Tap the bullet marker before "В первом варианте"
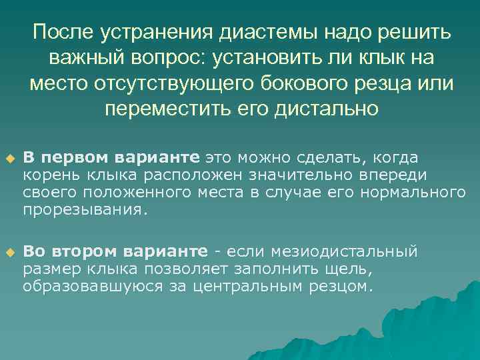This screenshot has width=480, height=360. (x=9, y=159)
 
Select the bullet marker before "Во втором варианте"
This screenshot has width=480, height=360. (x=9, y=253)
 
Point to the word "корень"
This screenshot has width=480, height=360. (x=48, y=175)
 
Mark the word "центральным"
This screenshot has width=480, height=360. (x=253, y=286)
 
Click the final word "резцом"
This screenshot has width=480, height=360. (x=344, y=286)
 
